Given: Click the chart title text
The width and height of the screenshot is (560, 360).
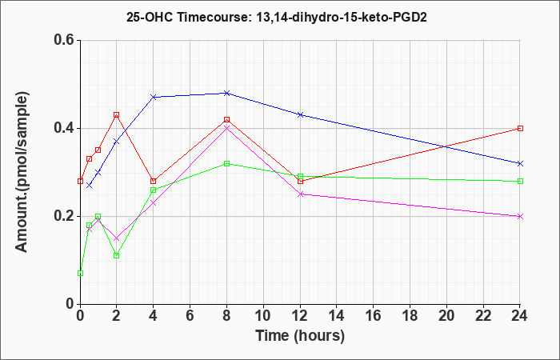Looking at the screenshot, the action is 277,18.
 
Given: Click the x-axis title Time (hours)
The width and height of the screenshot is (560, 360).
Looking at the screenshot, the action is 300,336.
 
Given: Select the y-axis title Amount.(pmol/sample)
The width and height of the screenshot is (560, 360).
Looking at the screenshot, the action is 22,172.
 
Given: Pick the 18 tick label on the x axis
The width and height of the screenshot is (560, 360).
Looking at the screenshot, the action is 410,316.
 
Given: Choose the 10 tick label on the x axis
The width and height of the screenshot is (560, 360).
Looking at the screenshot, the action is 263,316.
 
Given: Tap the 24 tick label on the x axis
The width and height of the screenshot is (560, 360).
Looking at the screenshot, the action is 520,316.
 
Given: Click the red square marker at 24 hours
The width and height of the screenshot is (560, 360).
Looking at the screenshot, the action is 520,128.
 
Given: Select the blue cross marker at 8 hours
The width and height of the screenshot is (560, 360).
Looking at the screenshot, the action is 226,93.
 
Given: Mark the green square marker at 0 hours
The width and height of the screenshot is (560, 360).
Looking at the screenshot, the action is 80,274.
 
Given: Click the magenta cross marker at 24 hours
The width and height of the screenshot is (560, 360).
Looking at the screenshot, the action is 520,217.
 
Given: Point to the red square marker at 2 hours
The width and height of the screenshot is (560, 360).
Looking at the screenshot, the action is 117,115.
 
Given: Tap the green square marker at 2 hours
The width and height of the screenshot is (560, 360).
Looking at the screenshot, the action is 117,256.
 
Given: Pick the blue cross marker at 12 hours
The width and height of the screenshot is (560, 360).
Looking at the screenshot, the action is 300,114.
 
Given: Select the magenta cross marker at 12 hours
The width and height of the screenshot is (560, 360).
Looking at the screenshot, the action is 300,194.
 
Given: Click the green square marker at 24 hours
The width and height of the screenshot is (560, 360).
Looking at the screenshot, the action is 520,181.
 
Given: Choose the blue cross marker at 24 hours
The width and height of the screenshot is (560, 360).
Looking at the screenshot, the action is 520,163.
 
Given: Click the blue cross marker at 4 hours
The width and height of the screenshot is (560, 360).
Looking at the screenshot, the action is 154,97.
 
